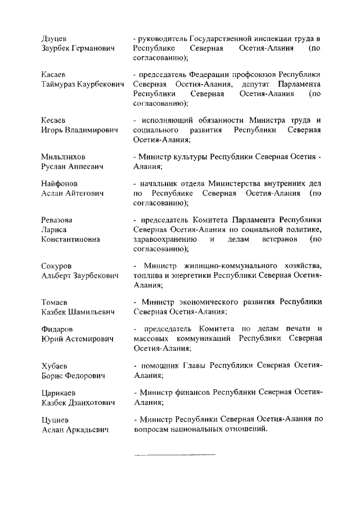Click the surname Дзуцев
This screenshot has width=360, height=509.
tap(55, 38)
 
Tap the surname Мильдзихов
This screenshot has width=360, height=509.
tap(64, 156)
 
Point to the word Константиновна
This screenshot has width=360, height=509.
tap(71, 239)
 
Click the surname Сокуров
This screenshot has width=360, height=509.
tap(57, 265)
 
